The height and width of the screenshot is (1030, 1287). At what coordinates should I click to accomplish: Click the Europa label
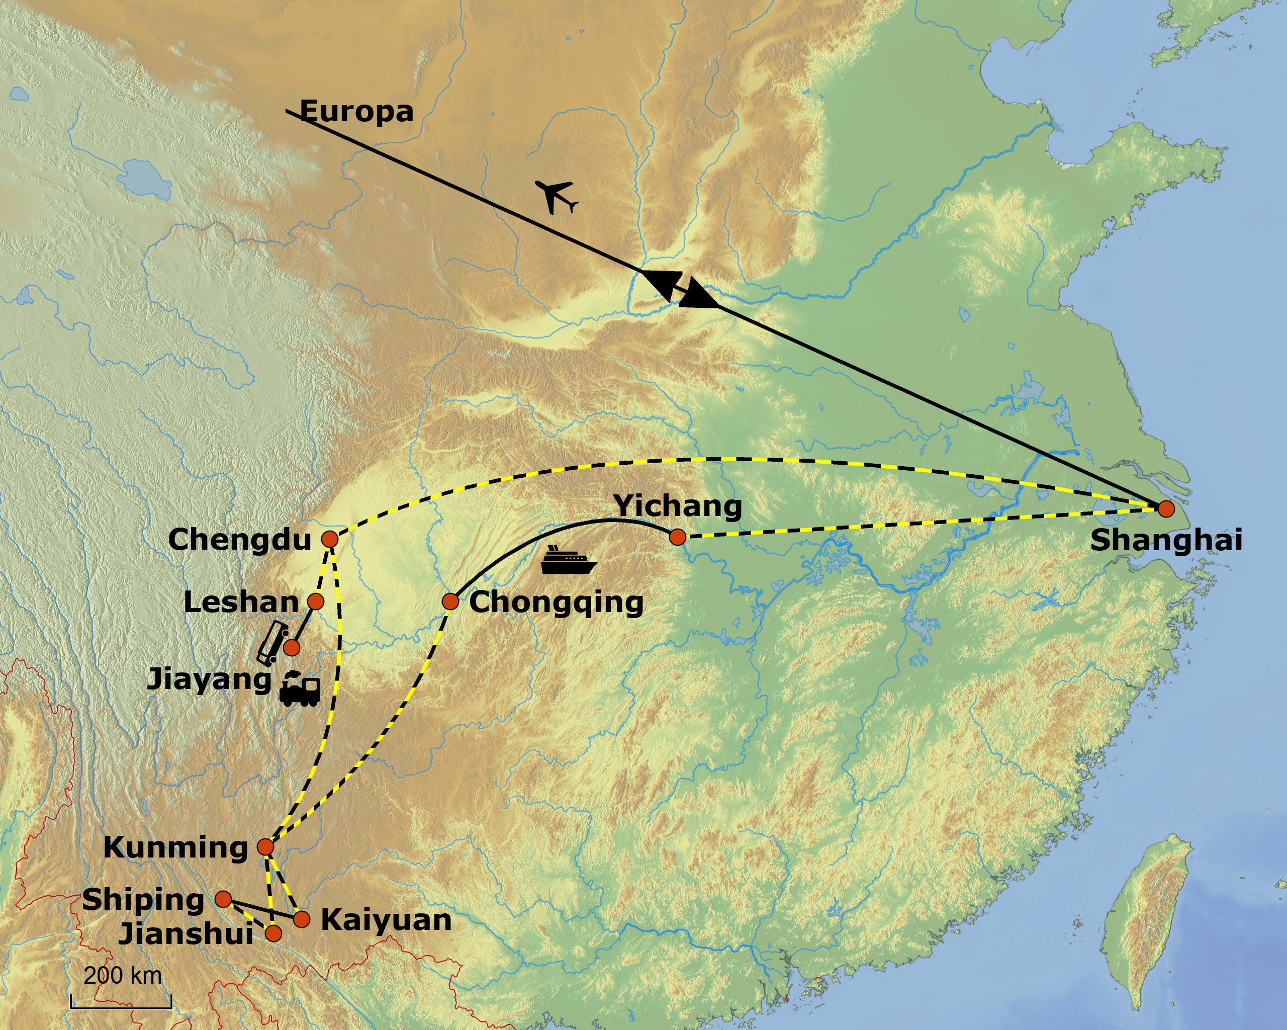pyautogui.click(x=356, y=111)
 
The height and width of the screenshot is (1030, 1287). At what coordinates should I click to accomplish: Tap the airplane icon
pyautogui.click(x=557, y=195)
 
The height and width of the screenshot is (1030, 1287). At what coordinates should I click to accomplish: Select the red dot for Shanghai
pyautogui.click(x=1166, y=509)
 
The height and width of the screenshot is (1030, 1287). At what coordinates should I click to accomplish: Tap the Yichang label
pyautogui.click(x=678, y=506)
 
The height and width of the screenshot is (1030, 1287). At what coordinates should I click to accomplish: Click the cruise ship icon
pyautogui.click(x=568, y=561)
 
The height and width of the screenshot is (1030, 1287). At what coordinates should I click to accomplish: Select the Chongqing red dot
pyautogui.click(x=450, y=602)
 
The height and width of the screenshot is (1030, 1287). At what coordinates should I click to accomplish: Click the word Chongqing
pyautogui.click(x=557, y=603)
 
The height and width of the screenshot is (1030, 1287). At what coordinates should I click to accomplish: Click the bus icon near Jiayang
pyautogui.click(x=273, y=643)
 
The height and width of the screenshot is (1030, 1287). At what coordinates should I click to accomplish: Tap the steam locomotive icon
pyautogui.click(x=300, y=689)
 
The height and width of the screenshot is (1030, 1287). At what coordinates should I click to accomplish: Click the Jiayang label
pyautogui.click(x=209, y=679)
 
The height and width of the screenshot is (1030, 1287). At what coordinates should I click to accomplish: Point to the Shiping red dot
pyautogui.click(x=223, y=899)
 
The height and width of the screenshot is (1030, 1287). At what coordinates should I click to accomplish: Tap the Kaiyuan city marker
pyautogui.click(x=302, y=919)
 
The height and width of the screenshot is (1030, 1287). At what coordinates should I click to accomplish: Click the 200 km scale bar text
pyautogui.click(x=122, y=976)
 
